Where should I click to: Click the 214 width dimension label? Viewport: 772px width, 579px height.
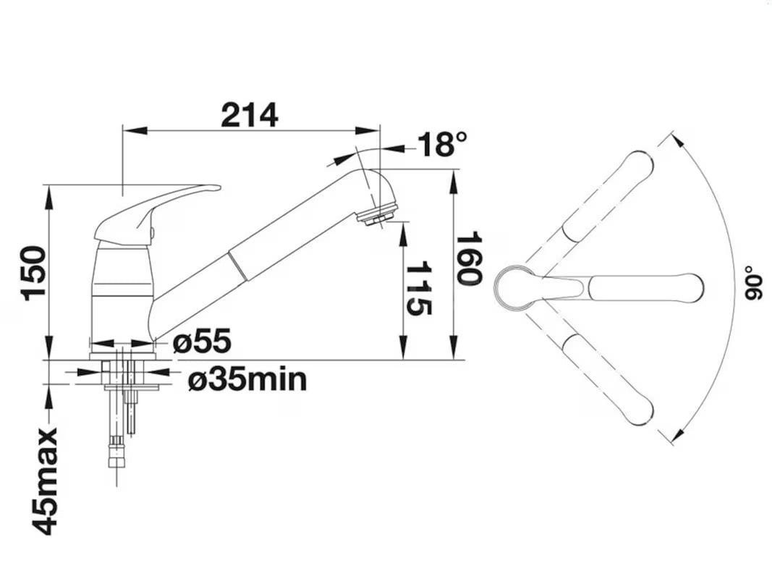(x=250, y=115)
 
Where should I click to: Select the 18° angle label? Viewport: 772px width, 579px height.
(x=441, y=144)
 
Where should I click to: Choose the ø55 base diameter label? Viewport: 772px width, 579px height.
(x=202, y=341)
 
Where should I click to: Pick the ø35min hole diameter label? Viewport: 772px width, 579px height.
(x=247, y=379)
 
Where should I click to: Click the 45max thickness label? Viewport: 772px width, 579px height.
(x=46, y=481)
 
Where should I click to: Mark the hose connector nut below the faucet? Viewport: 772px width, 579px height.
(x=116, y=452)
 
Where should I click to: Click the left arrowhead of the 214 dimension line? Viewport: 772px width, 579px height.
(x=135, y=130)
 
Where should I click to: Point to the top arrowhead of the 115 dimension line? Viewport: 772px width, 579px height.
(x=403, y=234)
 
